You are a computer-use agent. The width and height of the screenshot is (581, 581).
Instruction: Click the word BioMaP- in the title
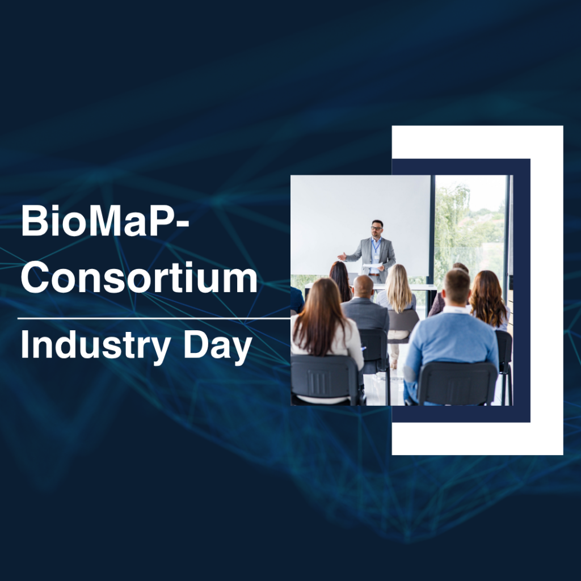pos(105,221)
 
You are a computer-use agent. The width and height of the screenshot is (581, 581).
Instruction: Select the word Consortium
pos(139,277)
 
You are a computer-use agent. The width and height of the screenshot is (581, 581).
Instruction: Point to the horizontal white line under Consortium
pos(154,318)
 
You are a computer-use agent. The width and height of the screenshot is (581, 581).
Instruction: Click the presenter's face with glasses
pos(377,229)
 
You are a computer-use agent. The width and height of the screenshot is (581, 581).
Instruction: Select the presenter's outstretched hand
pos(342,256)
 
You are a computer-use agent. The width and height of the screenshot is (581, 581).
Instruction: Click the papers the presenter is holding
pos(372,266)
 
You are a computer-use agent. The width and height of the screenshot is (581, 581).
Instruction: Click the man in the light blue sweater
pos(451,335)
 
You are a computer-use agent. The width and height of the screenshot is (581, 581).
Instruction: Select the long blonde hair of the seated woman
pos(398,288)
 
